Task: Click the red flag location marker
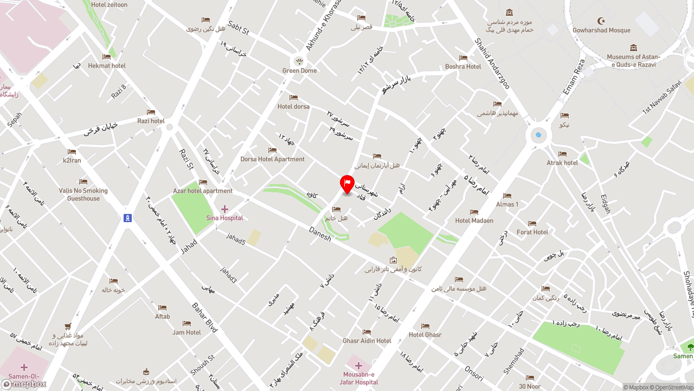(347, 184)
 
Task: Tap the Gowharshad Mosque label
(601, 30)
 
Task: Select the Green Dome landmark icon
(299, 60)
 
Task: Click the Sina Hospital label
(224, 218)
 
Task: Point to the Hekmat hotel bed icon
(107, 57)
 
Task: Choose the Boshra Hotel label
(463, 66)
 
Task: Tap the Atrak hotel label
(562, 162)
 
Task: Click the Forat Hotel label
(532, 232)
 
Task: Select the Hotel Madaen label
(474, 220)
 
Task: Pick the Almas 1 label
(507, 204)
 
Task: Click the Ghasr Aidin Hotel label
(367, 340)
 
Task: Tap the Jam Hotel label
(187, 332)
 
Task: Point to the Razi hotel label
(151, 121)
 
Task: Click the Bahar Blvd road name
(204, 317)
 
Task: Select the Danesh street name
(320, 235)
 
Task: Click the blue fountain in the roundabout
(538, 135)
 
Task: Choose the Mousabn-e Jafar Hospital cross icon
(358, 365)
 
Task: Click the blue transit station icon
(127, 218)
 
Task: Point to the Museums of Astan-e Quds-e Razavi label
(633, 60)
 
